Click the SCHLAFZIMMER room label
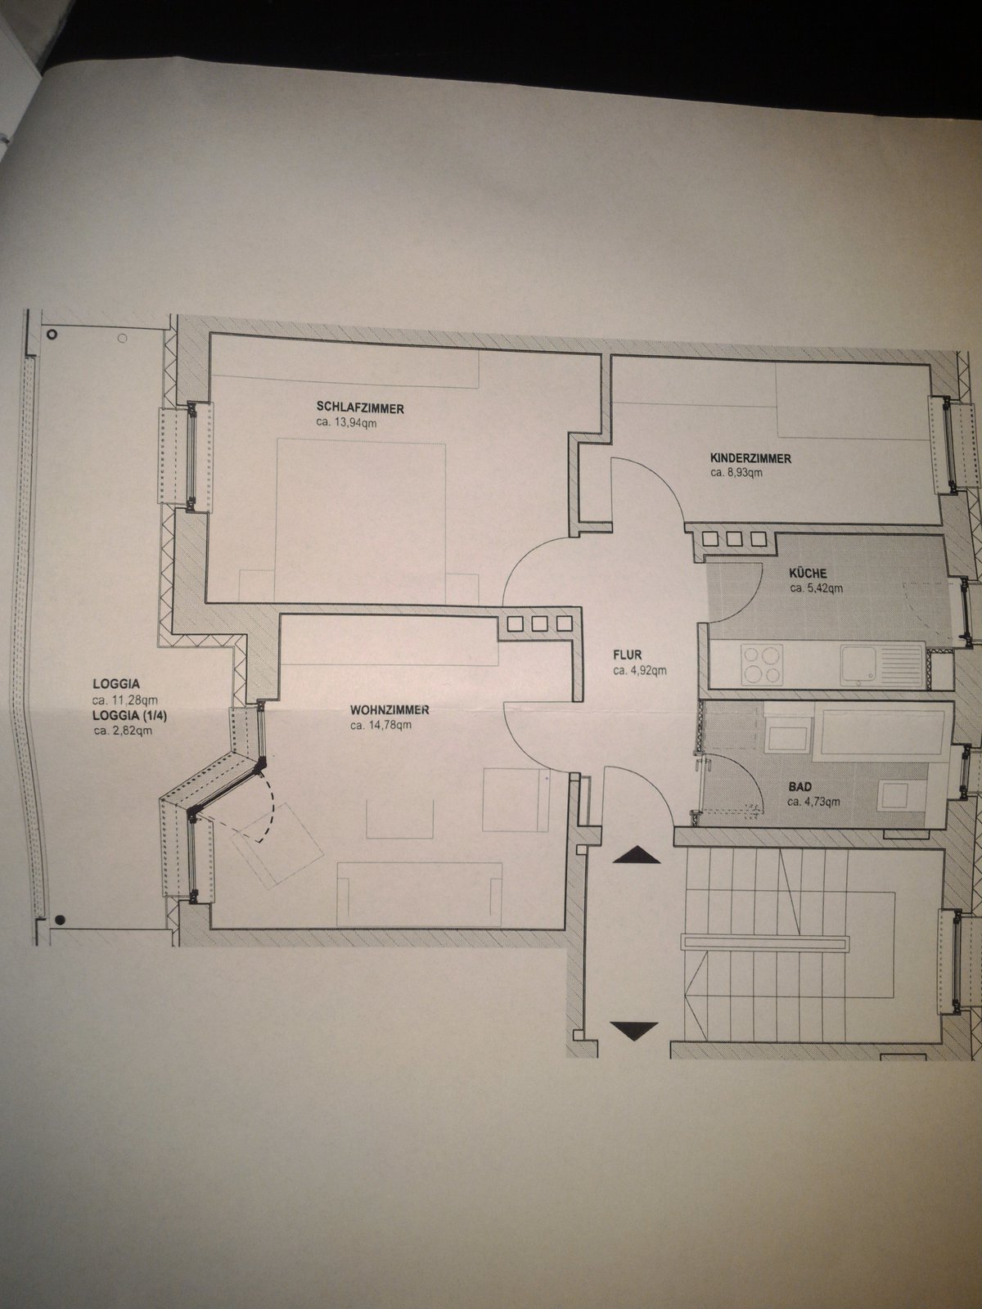[x=360, y=408]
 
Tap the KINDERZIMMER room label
[x=750, y=459]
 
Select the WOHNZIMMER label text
[x=390, y=710]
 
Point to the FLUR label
[x=627, y=654]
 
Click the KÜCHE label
[x=808, y=574]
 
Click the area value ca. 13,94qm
[x=347, y=424]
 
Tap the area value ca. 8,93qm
[x=736, y=474]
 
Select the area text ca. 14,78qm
[x=381, y=725]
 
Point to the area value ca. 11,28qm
[x=124, y=700]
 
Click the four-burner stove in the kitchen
[x=762, y=664]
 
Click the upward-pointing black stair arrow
[x=636, y=855]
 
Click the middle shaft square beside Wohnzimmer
[x=539, y=624]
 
